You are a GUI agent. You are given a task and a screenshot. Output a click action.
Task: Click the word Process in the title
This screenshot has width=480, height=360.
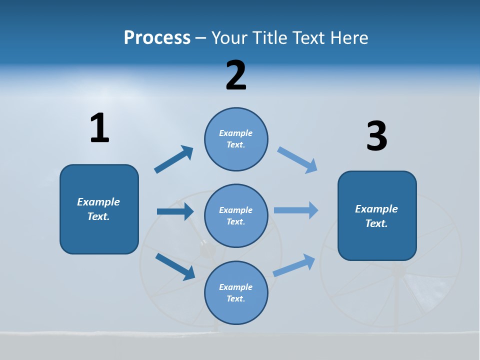point(157,37)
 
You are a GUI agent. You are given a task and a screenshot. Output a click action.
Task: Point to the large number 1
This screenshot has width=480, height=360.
point(99,128)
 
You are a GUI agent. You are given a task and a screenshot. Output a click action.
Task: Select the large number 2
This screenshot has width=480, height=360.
point(236,75)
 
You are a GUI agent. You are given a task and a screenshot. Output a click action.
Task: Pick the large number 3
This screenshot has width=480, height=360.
point(376,136)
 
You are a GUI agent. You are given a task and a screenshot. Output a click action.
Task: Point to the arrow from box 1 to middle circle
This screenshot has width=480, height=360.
point(175,211)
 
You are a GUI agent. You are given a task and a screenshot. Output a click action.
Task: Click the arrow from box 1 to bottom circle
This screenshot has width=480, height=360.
point(175,266)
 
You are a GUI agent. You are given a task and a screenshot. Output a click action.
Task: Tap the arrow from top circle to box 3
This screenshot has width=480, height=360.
point(297,160)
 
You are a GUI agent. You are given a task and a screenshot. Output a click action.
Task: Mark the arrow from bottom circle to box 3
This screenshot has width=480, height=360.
point(294,265)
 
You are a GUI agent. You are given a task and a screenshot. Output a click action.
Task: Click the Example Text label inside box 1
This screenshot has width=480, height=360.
point(98,209)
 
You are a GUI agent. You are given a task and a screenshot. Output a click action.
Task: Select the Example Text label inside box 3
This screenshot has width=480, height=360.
point(376,216)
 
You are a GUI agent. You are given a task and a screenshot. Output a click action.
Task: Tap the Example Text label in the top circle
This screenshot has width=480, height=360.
point(236,139)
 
